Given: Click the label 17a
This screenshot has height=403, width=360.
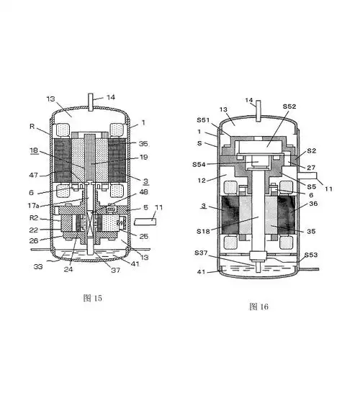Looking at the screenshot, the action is [33, 206].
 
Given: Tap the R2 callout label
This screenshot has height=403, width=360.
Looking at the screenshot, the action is [34, 218].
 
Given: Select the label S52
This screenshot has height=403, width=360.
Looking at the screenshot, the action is [289, 107].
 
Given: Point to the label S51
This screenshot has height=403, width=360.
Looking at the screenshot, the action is [203, 120].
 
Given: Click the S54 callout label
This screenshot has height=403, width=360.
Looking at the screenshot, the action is [199, 165].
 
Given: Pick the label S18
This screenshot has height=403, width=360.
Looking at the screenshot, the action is [203, 231].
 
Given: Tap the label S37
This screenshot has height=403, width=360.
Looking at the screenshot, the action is [201, 253].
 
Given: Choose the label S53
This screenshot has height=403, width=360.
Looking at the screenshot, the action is [311, 255].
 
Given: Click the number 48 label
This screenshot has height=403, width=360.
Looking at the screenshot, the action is [143, 192].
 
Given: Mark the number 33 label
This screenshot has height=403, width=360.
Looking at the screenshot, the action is [38, 267].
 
